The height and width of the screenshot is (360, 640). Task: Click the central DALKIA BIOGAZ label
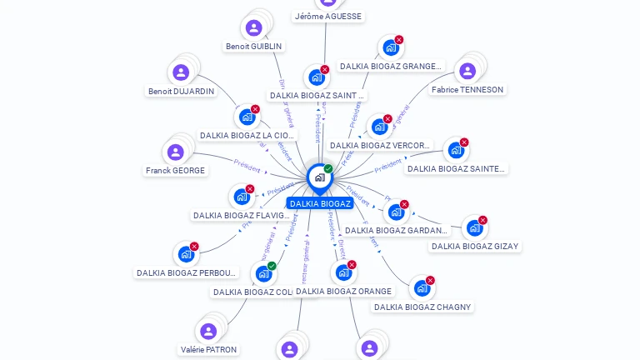click(x=320, y=203)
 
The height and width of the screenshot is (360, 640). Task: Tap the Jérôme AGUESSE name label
click(x=329, y=16)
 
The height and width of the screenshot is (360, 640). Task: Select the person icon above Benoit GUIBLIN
click(x=254, y=28)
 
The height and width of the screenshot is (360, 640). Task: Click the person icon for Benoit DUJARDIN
click(x=180, y=72)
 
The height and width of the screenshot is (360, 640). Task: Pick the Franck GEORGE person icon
click(x=175, y=152)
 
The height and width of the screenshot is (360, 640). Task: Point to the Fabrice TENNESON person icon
click(x=467, y=71)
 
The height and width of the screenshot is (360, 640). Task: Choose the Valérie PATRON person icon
click(x=208, y=332)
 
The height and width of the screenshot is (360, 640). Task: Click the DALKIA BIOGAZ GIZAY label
click(x=475, y=246)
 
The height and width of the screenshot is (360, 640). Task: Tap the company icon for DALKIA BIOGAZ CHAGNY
click(x=422, y=288)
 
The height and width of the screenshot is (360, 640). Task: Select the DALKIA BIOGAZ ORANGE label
click(x=343, y=291)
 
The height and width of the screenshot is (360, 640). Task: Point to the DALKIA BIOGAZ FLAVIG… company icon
click(x=242, y=197)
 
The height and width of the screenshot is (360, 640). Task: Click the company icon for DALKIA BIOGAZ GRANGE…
click(x=390, y=47)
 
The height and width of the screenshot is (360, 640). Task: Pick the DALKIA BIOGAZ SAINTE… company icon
click(x=455, y=150)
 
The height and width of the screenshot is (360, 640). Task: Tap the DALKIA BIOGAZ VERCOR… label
click(x=380, y=145)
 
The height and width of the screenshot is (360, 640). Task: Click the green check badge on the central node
click(x=328, y=168)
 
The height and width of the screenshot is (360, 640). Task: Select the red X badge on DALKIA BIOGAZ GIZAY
click(x=482, y=220)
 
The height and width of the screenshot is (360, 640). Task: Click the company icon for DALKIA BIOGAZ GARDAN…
click(x=396, y=212)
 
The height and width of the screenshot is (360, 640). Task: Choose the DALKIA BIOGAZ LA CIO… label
click(x=247, y=135)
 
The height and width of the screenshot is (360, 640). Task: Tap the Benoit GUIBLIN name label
click(x=253, y=46)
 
